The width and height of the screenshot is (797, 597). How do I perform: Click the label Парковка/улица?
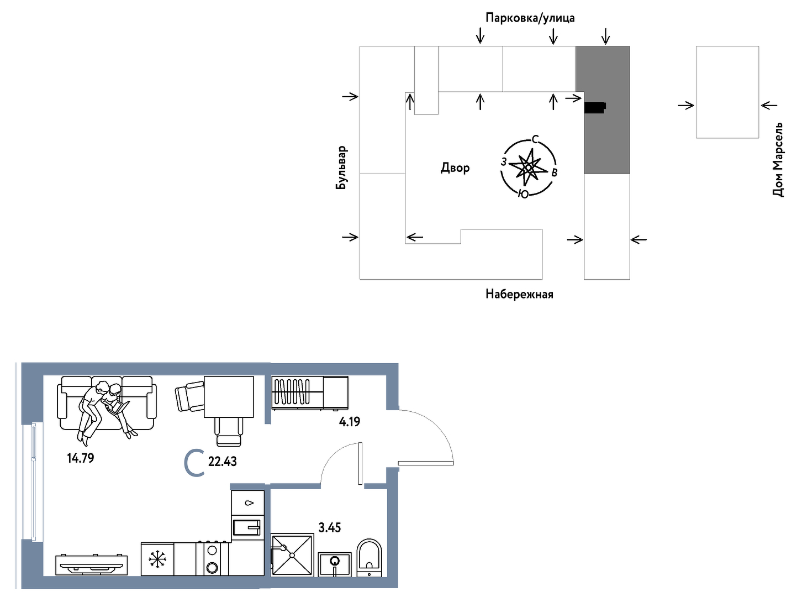click(530, 18)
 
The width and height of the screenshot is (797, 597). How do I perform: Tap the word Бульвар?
click(341, 167)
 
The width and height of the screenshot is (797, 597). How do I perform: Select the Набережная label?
click(519, 294)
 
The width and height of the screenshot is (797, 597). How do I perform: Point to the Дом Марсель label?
click(778, 160)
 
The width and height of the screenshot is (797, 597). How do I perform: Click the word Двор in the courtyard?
click(455, 168)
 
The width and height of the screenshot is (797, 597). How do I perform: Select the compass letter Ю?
click(523, 195)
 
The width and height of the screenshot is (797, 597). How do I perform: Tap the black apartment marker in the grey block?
click(595, 107)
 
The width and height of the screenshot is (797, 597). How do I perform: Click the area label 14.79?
click(80, 458)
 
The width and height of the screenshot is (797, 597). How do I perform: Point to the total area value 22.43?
click(222, 462)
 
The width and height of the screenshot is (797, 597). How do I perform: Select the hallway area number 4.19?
click(349, 422)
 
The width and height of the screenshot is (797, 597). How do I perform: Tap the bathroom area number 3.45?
click(330, 527)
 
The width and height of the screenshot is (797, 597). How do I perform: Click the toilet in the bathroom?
click(370, 558)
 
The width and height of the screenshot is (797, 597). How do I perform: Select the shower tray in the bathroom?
click(292, 555)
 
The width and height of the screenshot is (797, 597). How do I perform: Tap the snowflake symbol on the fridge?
click(157, 559)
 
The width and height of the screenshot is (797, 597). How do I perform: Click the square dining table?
click(229, 397)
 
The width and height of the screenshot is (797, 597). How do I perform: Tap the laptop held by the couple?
click(118, 407)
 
